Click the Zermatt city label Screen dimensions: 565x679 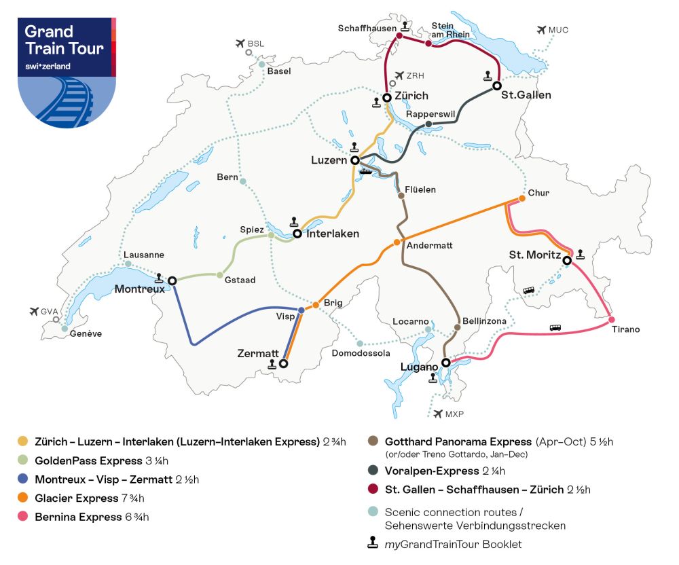pos(257,353)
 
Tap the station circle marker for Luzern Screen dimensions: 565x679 pos(354,161)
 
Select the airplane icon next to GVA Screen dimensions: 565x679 pos(35,312)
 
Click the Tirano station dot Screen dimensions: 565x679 pos(612,320)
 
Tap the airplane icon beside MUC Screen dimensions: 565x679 pos(541,30)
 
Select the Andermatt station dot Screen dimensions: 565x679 pos(397,243)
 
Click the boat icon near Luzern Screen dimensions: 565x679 pos(366,171)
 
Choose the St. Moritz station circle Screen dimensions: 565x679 pos(566,259)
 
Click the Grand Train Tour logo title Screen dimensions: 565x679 pos(64,40)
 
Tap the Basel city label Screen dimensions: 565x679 pos(279,71)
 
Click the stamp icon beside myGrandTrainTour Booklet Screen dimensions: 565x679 pos(372,544)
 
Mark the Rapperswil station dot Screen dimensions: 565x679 pos(428,124)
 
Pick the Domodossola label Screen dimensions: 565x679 pos(361,353)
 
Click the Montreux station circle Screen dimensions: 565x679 pos(172,280)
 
